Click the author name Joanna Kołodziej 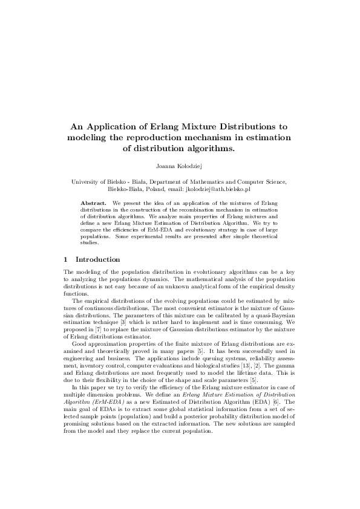(x=180, y=163)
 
